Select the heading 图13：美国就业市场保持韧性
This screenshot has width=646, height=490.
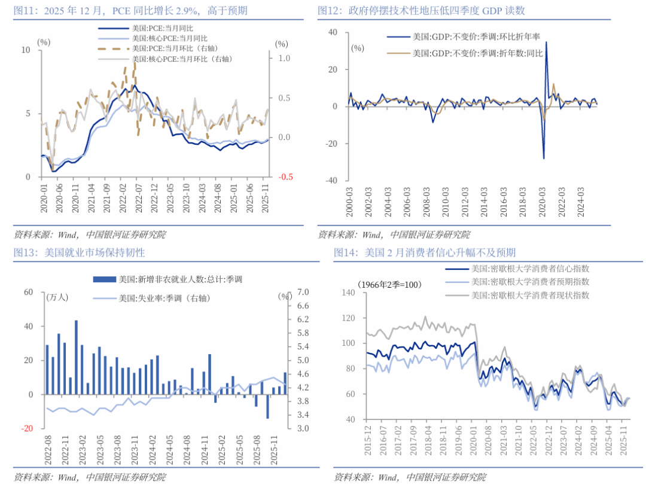(x=79, y=252)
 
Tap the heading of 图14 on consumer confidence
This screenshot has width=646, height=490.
(x=425, y=252)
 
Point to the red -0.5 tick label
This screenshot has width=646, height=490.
(x=284, y=177)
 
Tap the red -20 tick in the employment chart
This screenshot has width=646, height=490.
(x=28, y=428)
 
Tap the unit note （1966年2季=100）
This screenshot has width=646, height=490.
(x=388, y=284)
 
